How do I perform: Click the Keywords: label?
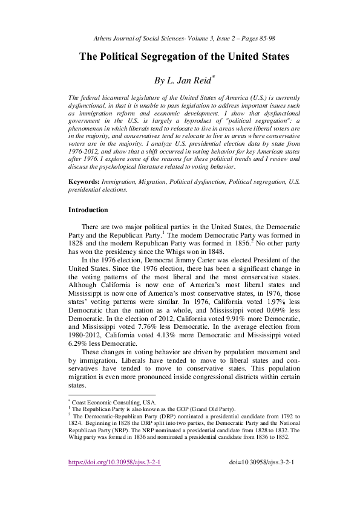[x=83, y=181]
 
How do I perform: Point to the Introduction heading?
[x=88, y=210]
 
